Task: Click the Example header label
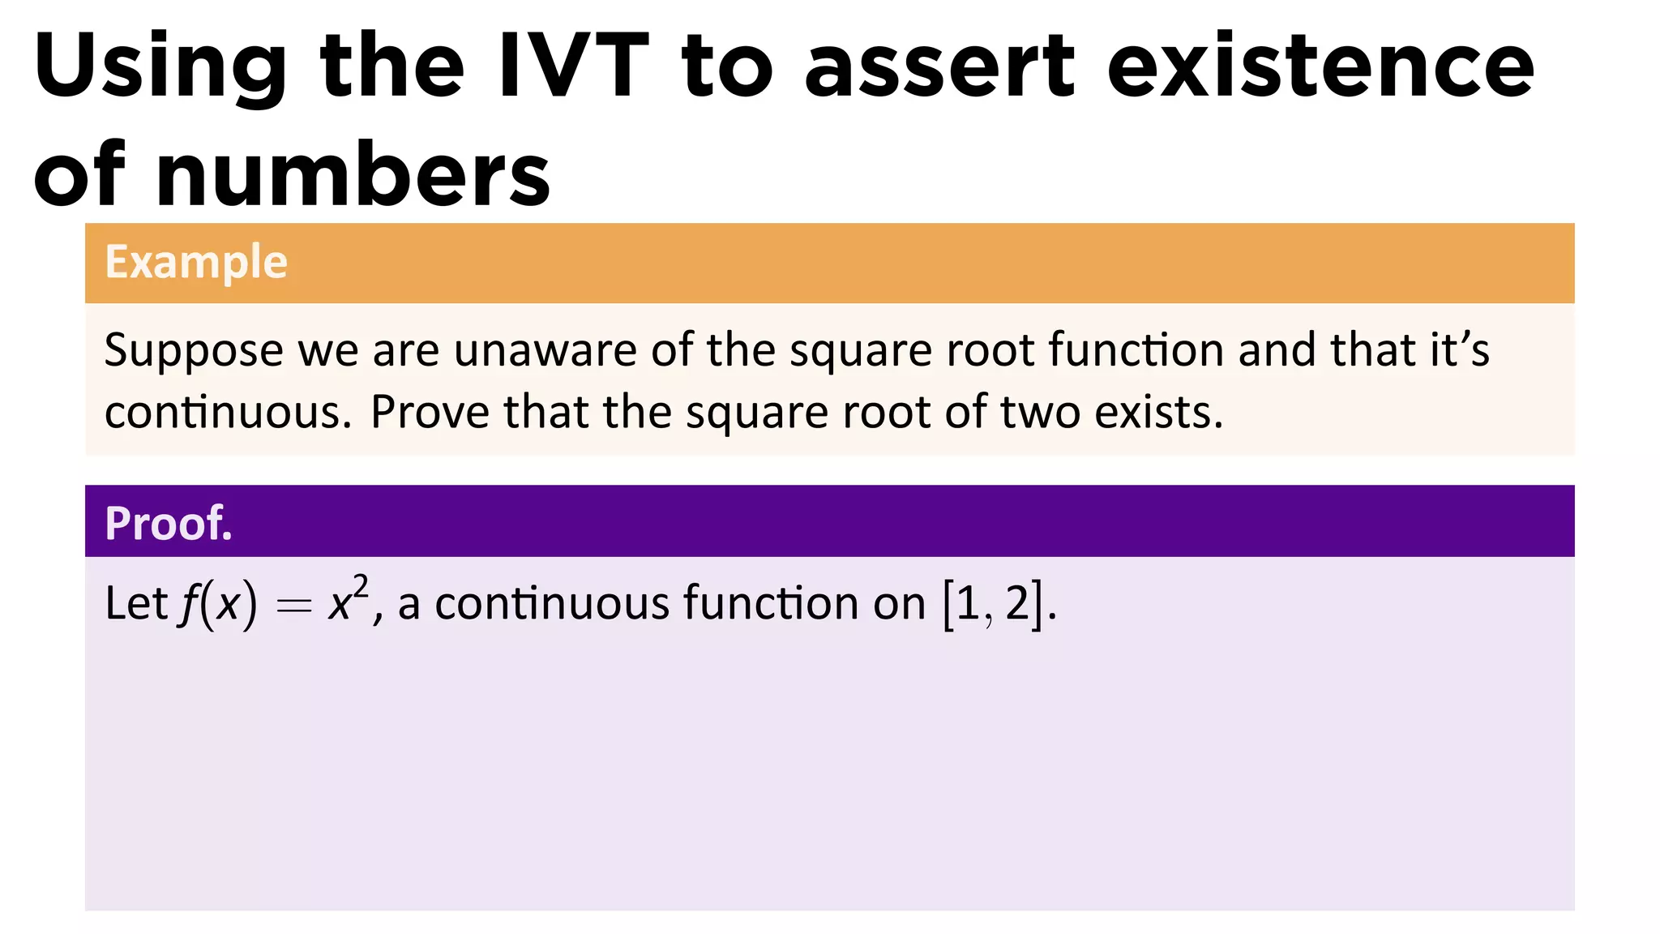(x=196, y=263)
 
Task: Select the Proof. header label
(x=169, y=524)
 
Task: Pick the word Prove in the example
(x=430, y=413)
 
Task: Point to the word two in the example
(x=1040, y=413)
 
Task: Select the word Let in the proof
(x=135, y=604)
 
